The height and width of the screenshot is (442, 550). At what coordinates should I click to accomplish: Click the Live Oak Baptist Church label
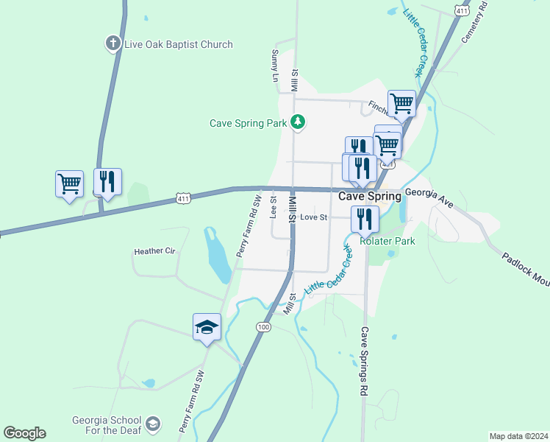pyautogui.click(x=178, y=44)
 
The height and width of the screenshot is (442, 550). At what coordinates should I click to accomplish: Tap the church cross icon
pyautogui.click(x=113, y=43)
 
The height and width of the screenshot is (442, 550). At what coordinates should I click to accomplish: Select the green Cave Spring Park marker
pyautogui.click(x=297, y=122)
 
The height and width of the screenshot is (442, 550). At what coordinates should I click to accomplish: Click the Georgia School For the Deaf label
pyautogui.click(x=106, y=426)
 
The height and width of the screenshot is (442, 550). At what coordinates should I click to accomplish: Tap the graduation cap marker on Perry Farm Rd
pyautogui.click(x=207, y=326)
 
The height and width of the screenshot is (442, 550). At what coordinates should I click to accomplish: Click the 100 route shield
pyautogui.click(x=264, y=326)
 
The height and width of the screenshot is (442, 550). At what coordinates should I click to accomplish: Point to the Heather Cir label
pyautogui.click(x=154, y=251)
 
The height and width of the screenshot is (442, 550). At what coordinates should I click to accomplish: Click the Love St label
pyautogui.click(x=313, y=217)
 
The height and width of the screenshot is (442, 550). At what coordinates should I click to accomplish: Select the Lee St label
pyautogui.click(x=274, y=207)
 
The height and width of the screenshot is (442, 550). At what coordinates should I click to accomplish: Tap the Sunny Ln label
pyautogui.click(x=275, y=66)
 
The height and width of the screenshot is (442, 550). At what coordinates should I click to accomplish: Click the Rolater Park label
pyautogui.click(x=387, y=241)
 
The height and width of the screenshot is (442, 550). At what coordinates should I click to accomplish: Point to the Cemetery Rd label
pyautogui.click(x=474, y=22)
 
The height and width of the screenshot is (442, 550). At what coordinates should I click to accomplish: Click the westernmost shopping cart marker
pyautogui.click(x=69, y=183)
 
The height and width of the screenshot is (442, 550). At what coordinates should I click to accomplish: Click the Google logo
pyautogui.click(x=24, y=433)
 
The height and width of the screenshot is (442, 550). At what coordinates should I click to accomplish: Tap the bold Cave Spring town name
pyautogui.click(x=370, y=197)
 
